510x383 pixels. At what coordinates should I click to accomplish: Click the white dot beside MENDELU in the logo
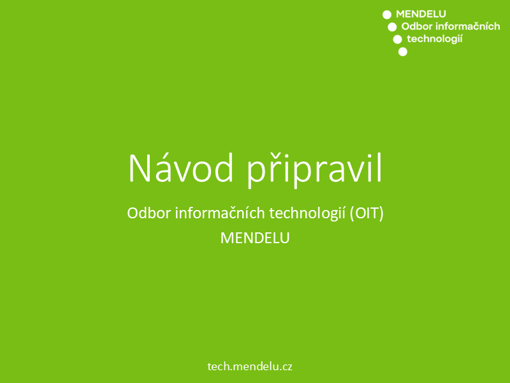(387, 15)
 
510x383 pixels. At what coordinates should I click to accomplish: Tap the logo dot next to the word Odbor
(392, 27)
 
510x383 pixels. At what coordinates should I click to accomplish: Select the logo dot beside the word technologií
(397, 40)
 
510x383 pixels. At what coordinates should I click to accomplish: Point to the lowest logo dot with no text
(403, 52)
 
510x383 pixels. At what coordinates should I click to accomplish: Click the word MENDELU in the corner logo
(421, 14)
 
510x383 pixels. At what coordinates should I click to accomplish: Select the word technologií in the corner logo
(435, 39)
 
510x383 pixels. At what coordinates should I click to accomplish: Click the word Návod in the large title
(181, 168)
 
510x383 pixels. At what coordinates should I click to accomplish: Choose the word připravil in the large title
(314, 170)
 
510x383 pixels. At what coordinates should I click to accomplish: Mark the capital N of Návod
(140, 169)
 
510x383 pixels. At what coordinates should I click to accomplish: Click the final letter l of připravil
(379, 167)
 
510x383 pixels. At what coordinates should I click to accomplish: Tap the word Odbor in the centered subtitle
(149, 213)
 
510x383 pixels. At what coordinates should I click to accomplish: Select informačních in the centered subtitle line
(220, 213)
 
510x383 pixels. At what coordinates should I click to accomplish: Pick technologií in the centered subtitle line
(307, 214)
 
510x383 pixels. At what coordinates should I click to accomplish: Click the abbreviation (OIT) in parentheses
(367, 214)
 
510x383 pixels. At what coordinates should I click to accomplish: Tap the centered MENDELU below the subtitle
(255, 238)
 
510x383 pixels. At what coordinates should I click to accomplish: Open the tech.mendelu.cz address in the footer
(250, 366)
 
